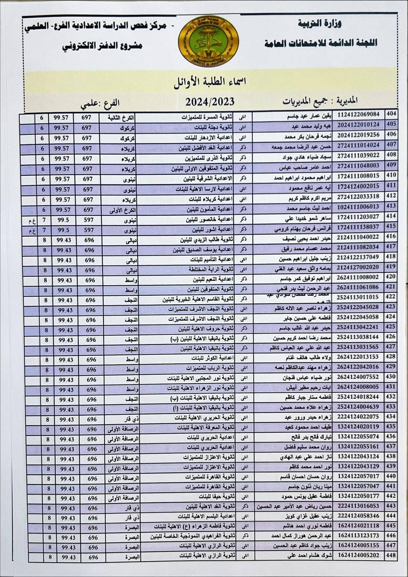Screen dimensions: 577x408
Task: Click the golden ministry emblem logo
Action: pyautogui.click(x=208, y=41)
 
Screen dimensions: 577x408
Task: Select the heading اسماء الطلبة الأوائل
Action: pyautogui.click(x=209, y=83)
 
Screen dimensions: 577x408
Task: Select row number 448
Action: pyautogui.click(x=391, y=556)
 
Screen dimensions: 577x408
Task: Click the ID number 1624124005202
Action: pyautogui.click(x=358, y=556)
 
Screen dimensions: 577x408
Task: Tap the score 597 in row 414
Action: pyautogui.click(x=88, y=220)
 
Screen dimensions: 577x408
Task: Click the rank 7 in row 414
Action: pyautogui.click(x=44, y=220)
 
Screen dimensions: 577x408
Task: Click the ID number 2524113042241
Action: pyautogui.click(x=358, y=327)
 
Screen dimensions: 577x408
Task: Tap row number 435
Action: pyautogui.click(x=391, y=426)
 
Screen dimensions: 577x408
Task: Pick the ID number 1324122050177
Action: pyautogui.click(x=358, y=496)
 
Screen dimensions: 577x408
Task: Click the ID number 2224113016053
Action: pyautogui.click(x=358, y=506)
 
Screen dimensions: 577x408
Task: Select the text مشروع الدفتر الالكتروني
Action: pyautogui.click(x=102, y=46)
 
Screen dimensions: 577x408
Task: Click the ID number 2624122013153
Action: pyautogui.click(x=358, y=357)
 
